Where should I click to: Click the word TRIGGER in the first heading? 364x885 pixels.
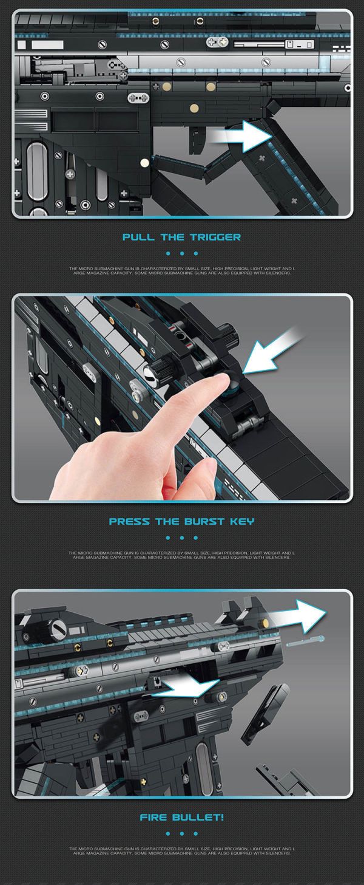pos(215,237)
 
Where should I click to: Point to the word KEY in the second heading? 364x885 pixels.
pos(242,521)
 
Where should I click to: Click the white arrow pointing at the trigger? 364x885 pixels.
pos(240,137)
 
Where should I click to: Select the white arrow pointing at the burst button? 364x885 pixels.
pos(273,349)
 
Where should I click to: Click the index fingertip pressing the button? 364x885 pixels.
pos(220,381)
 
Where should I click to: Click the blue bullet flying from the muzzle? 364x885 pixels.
pos(305,641)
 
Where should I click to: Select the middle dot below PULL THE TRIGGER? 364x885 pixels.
pos(182,253)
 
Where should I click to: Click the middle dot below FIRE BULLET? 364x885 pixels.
pos(182,833)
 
